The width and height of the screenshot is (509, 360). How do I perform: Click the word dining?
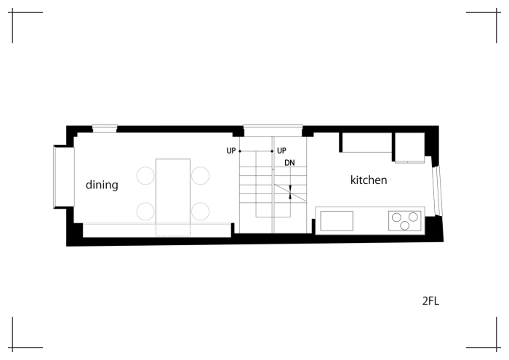(102, 185)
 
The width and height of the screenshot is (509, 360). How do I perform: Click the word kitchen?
(369, 180)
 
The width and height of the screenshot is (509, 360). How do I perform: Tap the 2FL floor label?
(430, 301)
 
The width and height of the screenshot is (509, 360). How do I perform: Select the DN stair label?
(289, 163)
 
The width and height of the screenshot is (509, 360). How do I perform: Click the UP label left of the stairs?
(231, 151)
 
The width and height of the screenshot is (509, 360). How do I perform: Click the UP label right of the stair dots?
(281, 151)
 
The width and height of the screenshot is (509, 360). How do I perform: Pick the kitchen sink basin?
(337, 221)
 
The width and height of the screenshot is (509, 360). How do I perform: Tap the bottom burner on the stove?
(404, 225)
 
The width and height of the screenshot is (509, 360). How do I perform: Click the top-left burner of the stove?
(396, 217)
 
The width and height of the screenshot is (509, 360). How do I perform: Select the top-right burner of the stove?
(413, 217)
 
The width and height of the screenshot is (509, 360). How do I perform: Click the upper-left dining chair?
(145, 175)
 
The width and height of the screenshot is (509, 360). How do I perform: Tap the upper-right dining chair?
(200, 175)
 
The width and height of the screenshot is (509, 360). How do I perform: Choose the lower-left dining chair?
(145, 212)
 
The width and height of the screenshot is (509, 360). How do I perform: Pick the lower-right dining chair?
(200, 212)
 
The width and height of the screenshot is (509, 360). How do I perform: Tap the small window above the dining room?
(105, 129)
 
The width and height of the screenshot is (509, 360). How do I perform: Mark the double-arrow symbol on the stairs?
(290, 192)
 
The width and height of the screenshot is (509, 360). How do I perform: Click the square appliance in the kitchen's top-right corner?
(409, 148)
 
